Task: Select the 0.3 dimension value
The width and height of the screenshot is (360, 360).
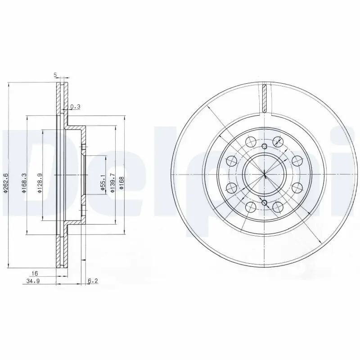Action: pyautogui.click(x=75, y=107)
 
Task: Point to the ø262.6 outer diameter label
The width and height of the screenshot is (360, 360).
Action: pyautogui.click(x=6, y=183)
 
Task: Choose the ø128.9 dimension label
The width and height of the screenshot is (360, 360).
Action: pyautogui.click(x=40, y=184)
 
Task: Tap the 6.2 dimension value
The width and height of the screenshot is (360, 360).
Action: pyautogui.click(x=92, y=281)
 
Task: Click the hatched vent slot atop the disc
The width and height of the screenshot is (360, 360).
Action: pyautogui.click(x=265, y=98)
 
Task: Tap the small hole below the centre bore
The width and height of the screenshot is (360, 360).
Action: pyautogui.click(x=264, y=203)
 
